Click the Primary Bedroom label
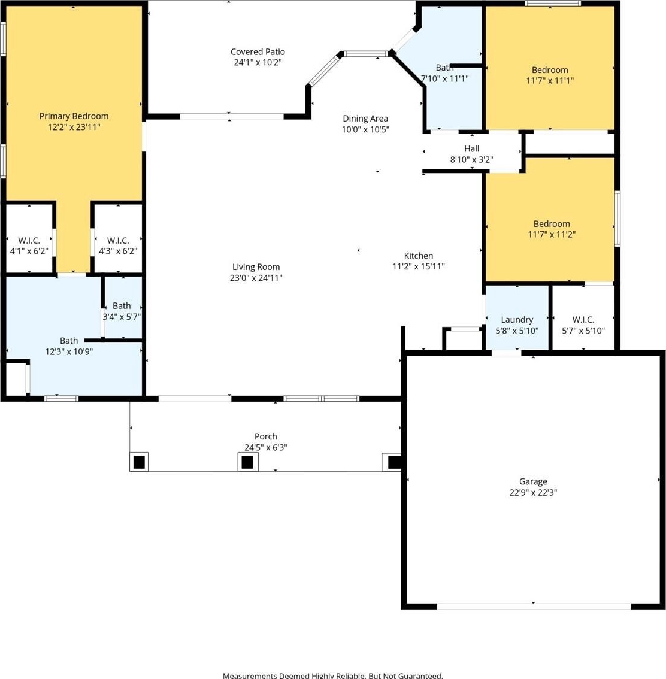pos(74,116)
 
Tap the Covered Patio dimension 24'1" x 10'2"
pos(258,62)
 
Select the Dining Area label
pos(365,118)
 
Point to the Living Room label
pos(256,267)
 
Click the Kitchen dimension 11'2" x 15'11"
pos(418,266)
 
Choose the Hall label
pos(471,148)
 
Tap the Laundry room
pos(517,318)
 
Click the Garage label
pos(533,481)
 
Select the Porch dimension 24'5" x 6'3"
pos(265,447)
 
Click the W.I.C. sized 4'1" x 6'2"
pos(29,238)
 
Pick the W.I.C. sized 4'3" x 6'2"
pos(118,238)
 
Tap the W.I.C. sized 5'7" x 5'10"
pos(583,318)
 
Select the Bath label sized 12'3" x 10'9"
pos(69,341)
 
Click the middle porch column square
pos(247,462)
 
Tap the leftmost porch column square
pos(139,462)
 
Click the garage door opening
pos(534,606)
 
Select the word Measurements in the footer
pos(249,675)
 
